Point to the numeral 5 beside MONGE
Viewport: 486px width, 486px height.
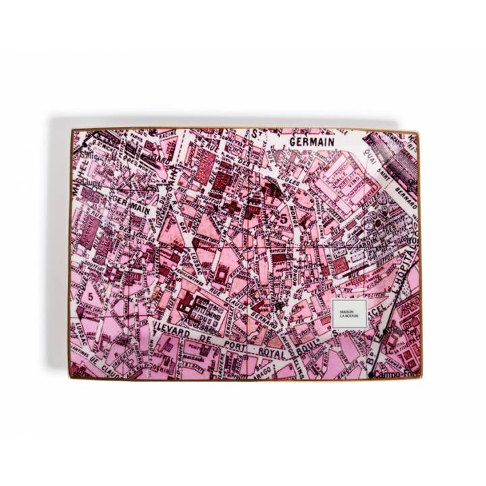(285, 218)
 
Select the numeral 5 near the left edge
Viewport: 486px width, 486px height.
(89, 296)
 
